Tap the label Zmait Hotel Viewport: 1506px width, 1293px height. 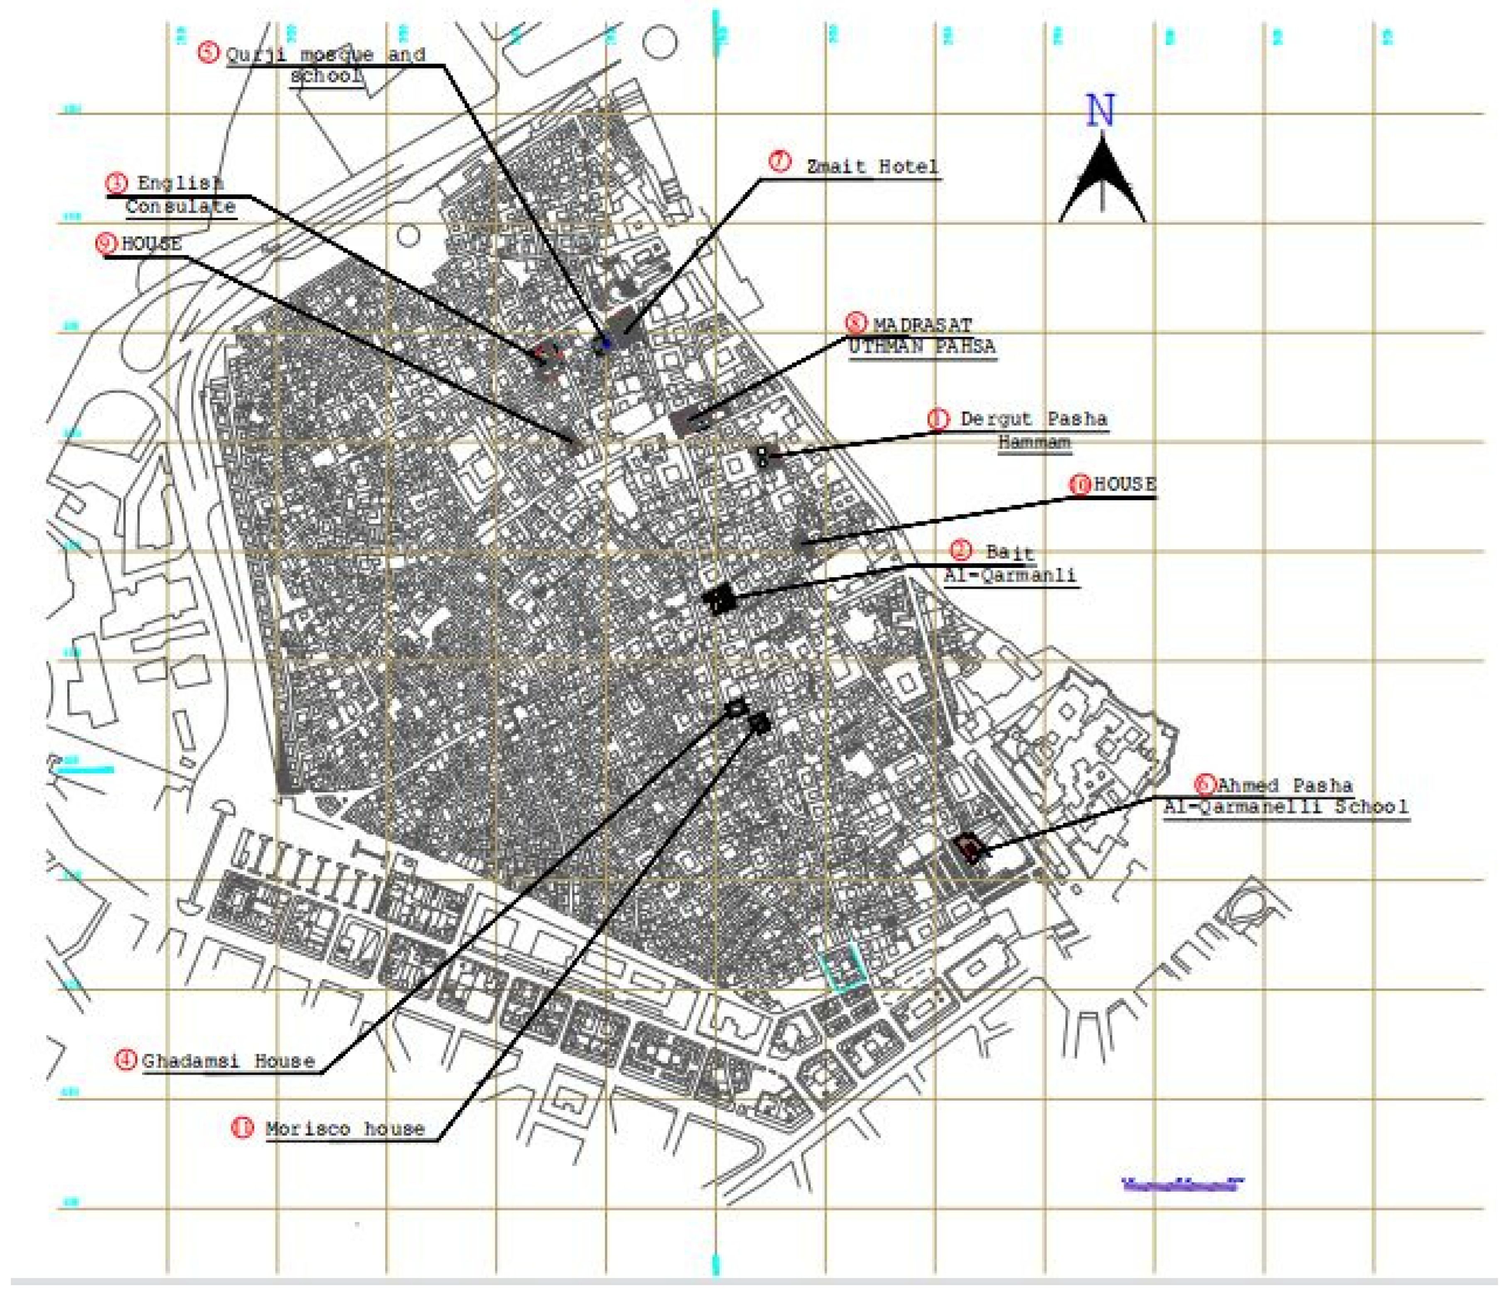[872, 166]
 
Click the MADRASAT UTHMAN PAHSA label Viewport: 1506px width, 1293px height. [921, 335]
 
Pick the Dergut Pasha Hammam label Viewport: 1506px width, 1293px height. [1034, 430]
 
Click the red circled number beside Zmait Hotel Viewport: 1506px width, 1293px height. [780, 161]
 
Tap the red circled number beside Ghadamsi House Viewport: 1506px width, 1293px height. [126, 1060]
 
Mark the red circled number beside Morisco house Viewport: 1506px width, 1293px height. [242, 1127]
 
